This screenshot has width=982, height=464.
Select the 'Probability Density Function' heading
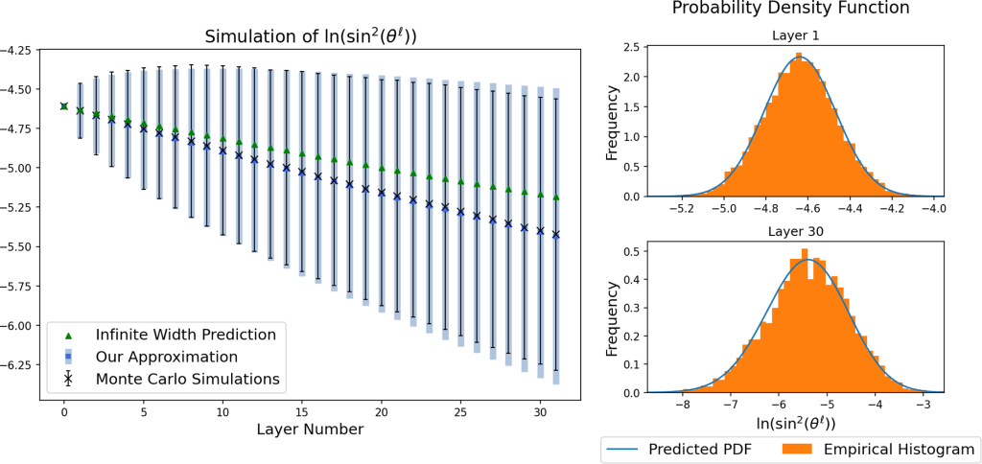(x=790, y=9)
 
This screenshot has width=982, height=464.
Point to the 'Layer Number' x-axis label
(x=310, y=429)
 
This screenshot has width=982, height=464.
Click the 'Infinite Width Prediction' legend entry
(x=185, y=335)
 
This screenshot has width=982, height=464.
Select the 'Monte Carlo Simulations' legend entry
(x=187, y=379)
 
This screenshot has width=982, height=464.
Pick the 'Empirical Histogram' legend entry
(x=893, y=448)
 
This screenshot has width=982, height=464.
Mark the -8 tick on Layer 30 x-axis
(x=681, y=405)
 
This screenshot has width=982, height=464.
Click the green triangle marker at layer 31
(x=556, y=197)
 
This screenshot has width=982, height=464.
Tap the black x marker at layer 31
(x=556, y=234)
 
